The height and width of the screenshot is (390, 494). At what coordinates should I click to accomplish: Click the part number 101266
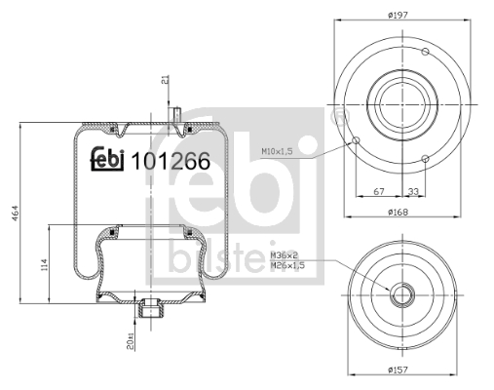(x=170, y=163)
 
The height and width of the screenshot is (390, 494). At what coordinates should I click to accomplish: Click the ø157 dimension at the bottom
(x=399, y=369)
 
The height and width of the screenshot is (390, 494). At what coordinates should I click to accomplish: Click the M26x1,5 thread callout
(x=286, y=264)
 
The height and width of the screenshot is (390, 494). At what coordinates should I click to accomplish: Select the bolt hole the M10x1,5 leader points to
(x=357, y=142)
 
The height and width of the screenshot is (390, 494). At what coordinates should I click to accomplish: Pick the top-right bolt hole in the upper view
(x=426, y=52)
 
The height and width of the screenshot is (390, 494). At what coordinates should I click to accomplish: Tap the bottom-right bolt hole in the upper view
(x=427, y=158)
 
